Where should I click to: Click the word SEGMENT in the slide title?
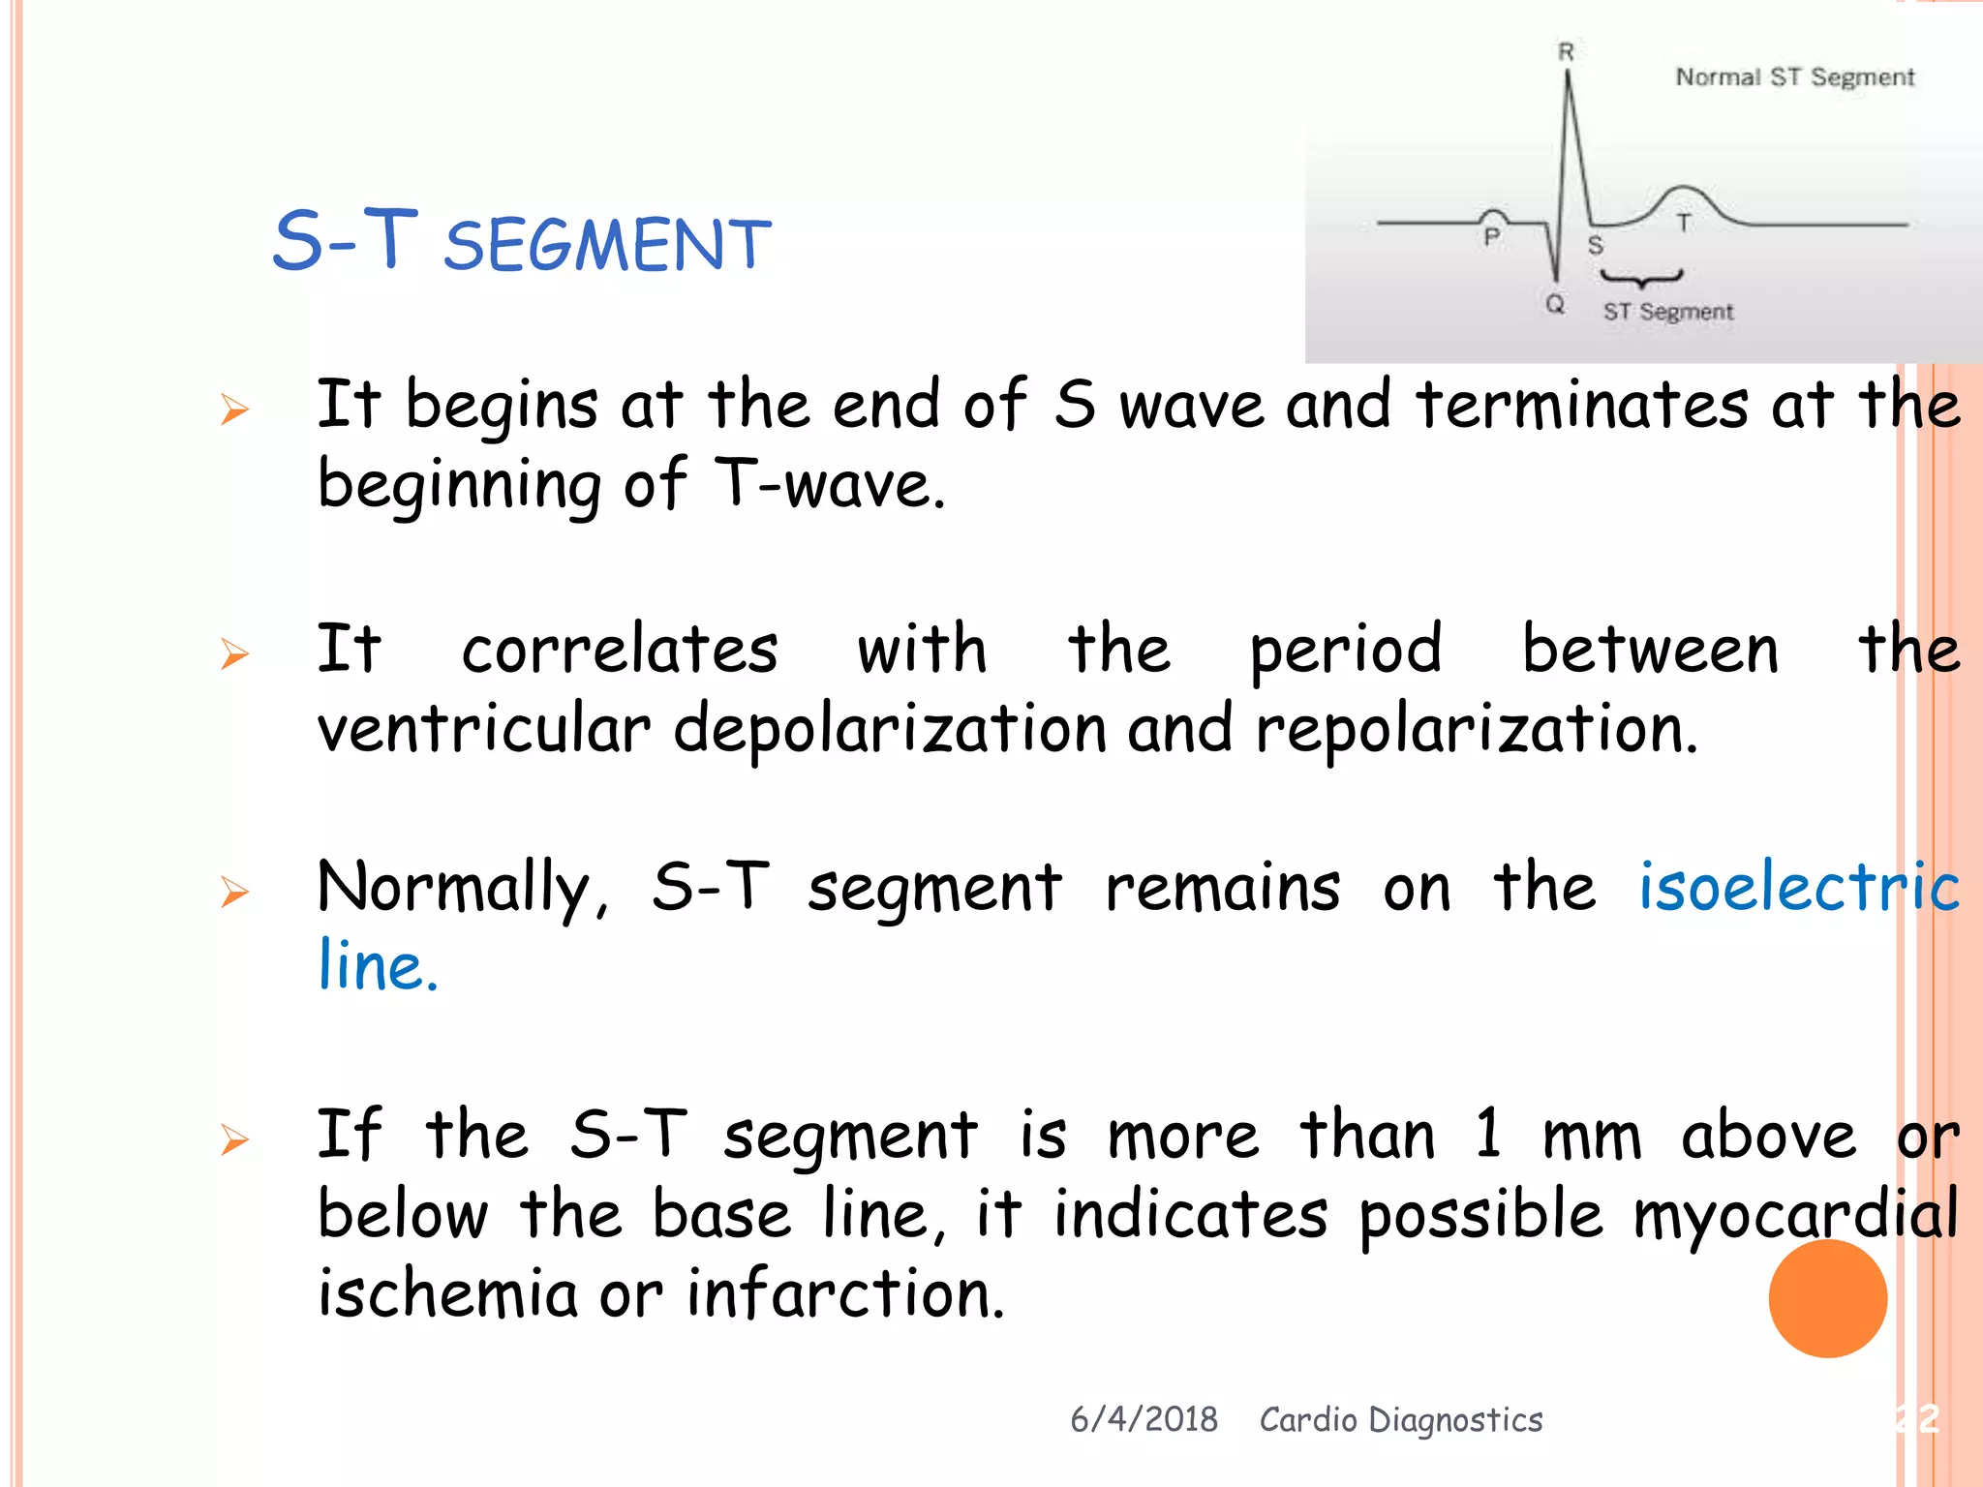[607, 245]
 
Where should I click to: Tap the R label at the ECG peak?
[1566, 52]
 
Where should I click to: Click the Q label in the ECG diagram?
[1555, 304]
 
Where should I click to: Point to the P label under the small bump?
[1492, 237]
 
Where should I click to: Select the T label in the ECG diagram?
[1684, 224]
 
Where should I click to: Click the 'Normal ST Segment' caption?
[1794, 77]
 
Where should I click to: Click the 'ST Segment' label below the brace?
[1667, 312]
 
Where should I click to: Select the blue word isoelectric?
[1798, 886]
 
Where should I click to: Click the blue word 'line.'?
[378, 966]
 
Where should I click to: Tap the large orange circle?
[1827, 1298]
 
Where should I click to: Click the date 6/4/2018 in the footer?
[1144, 1419]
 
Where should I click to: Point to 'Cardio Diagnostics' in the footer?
[1400, 1419]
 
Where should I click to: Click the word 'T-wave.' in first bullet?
[829, 483]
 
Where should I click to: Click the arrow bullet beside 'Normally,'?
[234, 891]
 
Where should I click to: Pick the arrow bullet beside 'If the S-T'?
[234, 1139]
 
